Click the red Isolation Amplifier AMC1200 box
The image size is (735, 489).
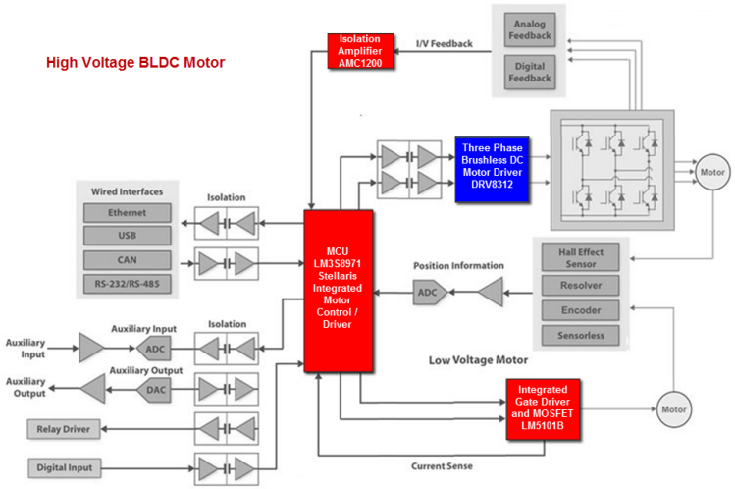(361, 52)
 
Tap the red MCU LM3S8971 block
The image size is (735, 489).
(339, 291)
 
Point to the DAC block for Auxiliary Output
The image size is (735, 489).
(155, 390)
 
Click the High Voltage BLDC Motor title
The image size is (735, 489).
(135, 63)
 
